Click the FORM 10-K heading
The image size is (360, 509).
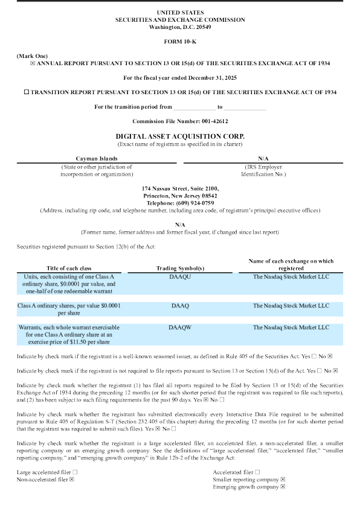pyautogui.click(x=180, y=40)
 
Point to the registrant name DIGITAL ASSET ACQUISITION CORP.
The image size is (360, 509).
pyautogui.click(x=180, y=136)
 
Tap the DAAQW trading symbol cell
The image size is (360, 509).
pyautogui.click(x=180, y=327)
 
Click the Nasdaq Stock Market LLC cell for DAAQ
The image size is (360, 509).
pyautogui.click(x=291, y=306)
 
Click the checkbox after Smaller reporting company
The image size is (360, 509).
pyautogui.click(x=283, y=479)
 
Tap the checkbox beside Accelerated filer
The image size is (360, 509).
pyautogui.click(x=258, y=471)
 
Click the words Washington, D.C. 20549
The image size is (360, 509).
pyautogui.click(x=180, y=27)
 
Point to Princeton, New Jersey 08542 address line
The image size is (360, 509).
pyautogui.click(x=180, y=196)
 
